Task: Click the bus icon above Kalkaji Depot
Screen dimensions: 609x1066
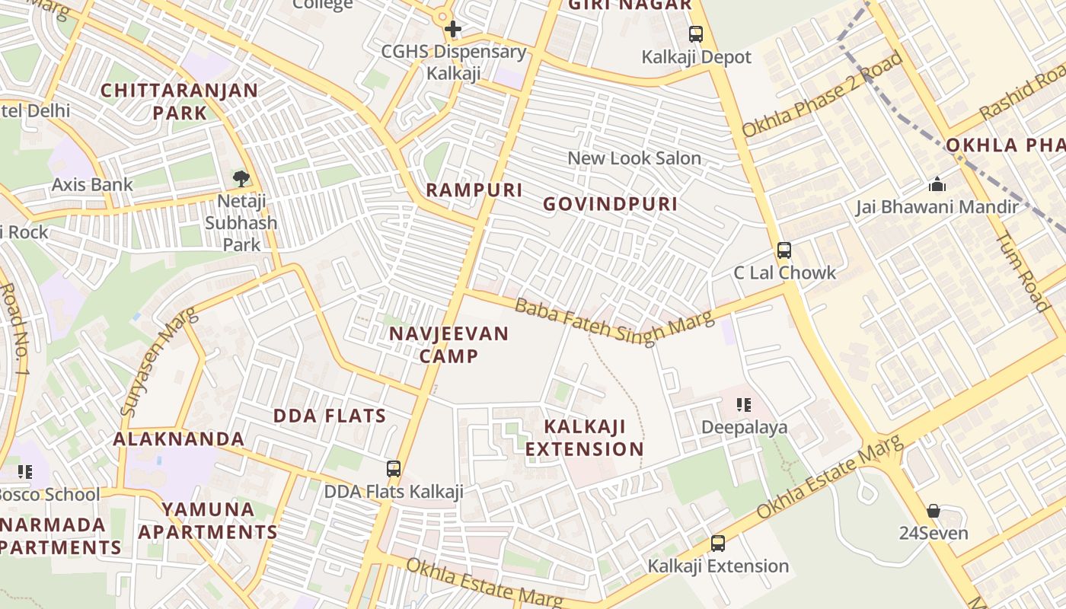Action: [695, 34]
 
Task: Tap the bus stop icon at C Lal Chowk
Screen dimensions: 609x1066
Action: [784, 250]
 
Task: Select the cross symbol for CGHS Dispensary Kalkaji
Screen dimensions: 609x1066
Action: [453, 30]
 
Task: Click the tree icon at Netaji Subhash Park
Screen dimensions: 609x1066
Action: [241, 179]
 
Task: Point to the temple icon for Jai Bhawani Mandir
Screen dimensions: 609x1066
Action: [937, 184]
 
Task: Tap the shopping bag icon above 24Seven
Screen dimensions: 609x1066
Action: [934, 511]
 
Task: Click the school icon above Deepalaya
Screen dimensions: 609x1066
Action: [744, 405]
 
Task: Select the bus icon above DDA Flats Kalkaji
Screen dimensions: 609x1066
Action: [394, 469]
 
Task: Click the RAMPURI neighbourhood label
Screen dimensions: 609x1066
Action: [474, 190]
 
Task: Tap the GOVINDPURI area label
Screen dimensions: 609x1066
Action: [610, 204]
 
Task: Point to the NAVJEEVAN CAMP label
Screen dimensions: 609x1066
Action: [448, 345]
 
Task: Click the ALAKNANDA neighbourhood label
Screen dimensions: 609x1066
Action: [179, 439]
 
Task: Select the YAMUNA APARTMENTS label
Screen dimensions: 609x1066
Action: [208, 521]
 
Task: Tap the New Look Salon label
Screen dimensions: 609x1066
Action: [634, 158]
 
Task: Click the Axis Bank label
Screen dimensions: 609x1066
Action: [92, 184]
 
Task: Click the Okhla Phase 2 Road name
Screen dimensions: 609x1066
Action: [822, 94]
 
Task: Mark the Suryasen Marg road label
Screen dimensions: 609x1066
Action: [158, 362]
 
